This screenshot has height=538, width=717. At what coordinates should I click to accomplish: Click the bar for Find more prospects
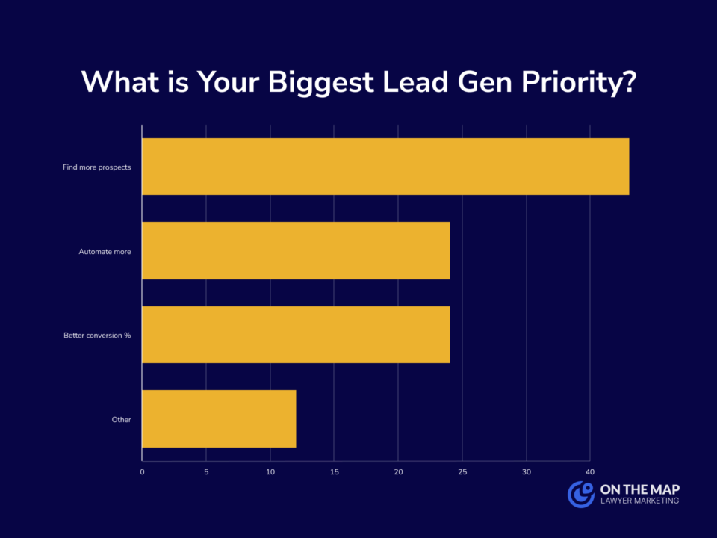pos(385,167)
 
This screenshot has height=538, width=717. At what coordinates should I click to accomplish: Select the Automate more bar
pos(296,250)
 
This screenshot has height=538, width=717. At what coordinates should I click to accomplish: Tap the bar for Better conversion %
pos(296,335)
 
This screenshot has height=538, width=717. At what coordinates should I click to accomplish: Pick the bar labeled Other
pos(219,418)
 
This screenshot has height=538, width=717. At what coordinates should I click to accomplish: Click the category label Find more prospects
pos(97,167)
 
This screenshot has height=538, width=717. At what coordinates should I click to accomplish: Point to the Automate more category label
pos(105,252)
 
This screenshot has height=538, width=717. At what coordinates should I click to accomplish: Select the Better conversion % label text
pos(97,336)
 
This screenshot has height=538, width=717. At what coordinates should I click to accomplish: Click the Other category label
pos(121,420)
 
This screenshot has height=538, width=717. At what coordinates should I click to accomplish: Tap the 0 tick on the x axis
pos(142,472)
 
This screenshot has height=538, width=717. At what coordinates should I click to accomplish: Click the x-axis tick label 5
pos(206,472)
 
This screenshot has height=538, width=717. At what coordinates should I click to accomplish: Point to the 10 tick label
pos(270,472)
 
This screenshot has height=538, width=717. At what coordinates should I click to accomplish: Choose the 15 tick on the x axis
pos(334,472)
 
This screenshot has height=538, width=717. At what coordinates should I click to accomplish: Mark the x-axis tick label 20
pos(398,472)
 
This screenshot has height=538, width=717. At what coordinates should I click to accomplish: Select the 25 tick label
pos(462,472)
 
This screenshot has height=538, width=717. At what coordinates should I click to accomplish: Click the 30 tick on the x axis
pos(527,472)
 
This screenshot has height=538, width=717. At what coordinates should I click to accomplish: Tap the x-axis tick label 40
pos(590,472)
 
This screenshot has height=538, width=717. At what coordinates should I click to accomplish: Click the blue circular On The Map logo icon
pos(580,494)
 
